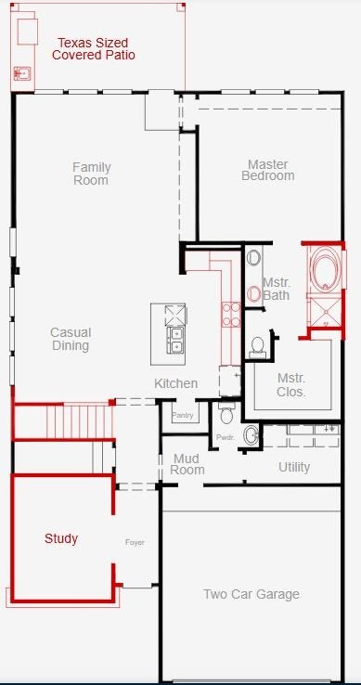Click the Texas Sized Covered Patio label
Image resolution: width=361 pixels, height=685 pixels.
pos(93,49)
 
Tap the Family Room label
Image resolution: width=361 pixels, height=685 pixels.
pos(91,174)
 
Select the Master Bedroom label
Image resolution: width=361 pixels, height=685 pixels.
pos(268,170)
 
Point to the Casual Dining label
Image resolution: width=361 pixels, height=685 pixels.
pos(71,339)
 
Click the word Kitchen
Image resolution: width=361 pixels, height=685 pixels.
pos(175,383)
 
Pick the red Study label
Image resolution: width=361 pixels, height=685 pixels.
pos(61,538)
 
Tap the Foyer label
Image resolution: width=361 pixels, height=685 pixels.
pos(135,542)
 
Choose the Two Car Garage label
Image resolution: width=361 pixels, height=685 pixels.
pos(251,594)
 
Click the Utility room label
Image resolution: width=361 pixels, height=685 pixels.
pos(294,467)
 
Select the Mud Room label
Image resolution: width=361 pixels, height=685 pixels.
pos(187,464)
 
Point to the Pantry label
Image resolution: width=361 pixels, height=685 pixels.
pos(182,415)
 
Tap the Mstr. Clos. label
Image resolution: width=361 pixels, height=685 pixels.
pos(291,385)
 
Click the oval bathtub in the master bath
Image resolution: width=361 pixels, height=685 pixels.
pos(325,268)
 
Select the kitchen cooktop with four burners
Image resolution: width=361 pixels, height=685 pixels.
pos(231,314)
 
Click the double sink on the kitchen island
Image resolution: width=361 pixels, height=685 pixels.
pos(175,341)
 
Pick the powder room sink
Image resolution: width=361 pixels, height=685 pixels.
pos(251,434)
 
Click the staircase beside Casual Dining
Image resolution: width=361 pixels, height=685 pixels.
pos(81,421)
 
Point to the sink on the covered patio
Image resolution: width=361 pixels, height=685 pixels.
pos(21,73)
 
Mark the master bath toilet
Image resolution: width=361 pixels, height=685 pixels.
pos(257,347)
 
